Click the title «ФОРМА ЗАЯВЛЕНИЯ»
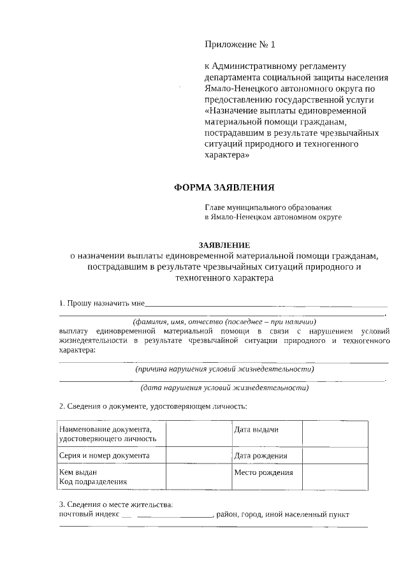[224, 187]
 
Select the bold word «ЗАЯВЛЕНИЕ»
[224, 245]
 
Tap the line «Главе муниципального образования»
[268, 207]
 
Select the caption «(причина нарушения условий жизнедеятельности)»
[224, 369]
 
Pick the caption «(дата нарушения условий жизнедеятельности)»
[224, 388]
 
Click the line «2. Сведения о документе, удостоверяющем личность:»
[152, 406]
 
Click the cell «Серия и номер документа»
[105, 455]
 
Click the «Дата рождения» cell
[260, 455]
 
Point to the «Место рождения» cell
[263, 472]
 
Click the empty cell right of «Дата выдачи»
[334, 434]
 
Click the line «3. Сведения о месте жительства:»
[115, 505]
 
